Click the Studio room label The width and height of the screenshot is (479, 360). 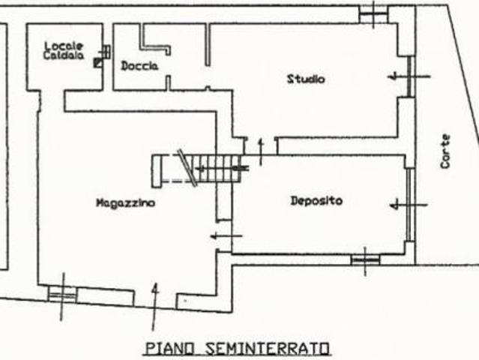306,79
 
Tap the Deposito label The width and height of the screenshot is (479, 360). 316,201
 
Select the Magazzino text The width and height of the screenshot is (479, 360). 125,203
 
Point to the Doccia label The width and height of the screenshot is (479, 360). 139,66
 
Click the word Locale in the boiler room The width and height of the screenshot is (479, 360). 64,46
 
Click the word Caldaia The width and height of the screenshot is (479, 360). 64,55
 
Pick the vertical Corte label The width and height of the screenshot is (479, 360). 445,151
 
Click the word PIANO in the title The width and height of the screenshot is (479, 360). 169,349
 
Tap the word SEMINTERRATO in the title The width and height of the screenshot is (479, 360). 268,349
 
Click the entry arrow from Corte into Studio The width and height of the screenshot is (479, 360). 409,76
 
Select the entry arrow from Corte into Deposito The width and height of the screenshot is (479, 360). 409,205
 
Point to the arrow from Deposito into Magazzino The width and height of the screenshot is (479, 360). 226,236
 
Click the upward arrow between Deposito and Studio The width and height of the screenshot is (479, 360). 261,151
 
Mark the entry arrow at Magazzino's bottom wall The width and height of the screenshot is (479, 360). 155,307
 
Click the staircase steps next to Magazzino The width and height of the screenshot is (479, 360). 215,169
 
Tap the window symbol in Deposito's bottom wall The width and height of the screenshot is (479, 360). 365,260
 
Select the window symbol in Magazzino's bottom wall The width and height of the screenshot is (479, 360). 63,295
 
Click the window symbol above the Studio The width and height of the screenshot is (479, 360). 373,13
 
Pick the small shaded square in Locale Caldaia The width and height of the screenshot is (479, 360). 98,63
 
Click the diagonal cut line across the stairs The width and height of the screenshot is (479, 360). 187,167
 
